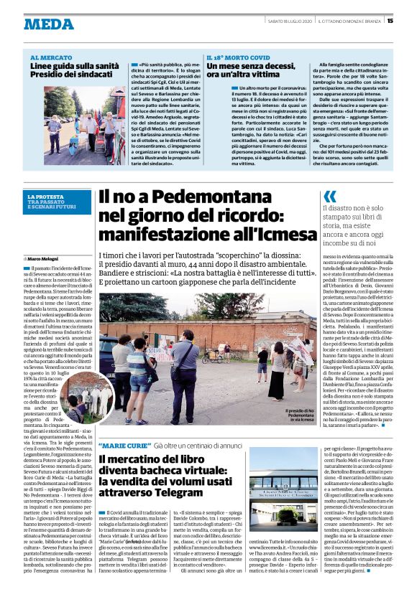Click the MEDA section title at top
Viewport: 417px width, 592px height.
(x=48, y=24)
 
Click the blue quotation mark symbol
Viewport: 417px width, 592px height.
(x=329, y=197)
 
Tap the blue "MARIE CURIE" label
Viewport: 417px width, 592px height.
(x=122, y=445)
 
